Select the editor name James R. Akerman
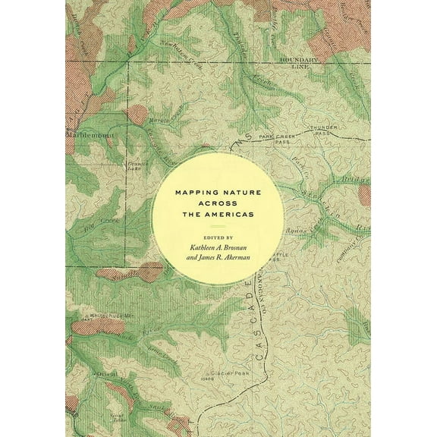tap(218, 259)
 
